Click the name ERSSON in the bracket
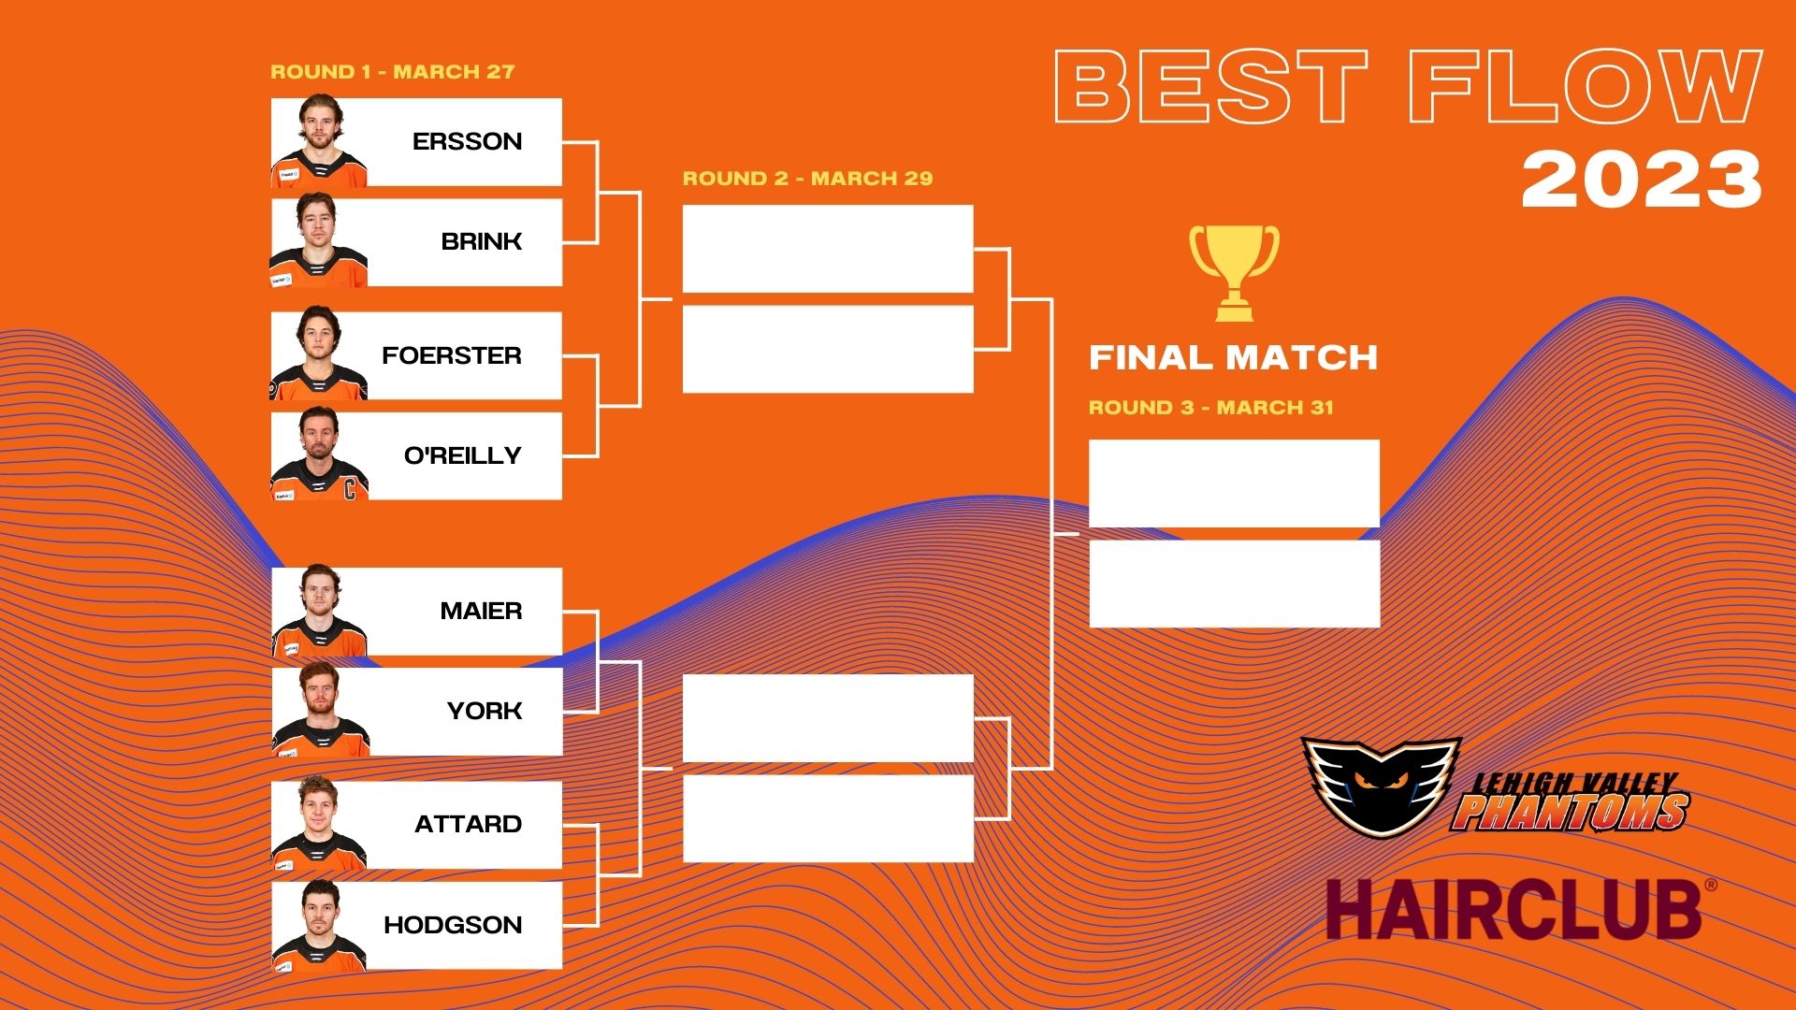467,141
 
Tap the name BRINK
481,241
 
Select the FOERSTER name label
452,355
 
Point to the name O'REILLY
462,455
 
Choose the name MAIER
481,611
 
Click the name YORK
485,711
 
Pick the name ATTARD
468,824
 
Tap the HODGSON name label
453,925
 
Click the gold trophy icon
1234,272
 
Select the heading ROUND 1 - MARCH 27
393,72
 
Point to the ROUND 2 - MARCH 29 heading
807,179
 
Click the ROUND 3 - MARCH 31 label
1211,408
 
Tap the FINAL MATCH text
1234,357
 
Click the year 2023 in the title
1642,180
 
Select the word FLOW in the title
1586,86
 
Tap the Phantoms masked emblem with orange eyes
1381,784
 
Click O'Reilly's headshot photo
319,455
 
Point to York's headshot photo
320,711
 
